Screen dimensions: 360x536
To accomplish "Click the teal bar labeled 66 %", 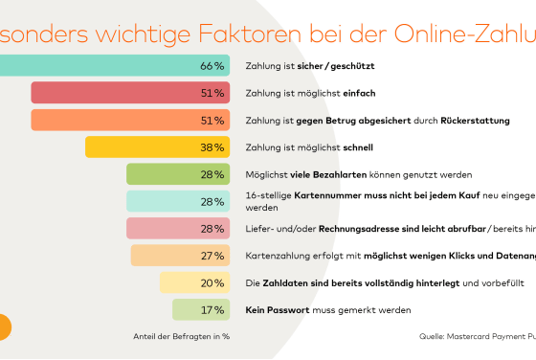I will (x=105, y=66).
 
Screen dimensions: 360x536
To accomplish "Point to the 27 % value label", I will (x=212, y=257).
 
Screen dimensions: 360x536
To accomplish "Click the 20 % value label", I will (x=212, y=283).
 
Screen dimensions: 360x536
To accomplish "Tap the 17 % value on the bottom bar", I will (x=212, y=310).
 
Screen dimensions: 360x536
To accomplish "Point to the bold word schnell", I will (x=358, y=147).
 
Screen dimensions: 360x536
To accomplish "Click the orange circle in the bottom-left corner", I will (x=3, y=326).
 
